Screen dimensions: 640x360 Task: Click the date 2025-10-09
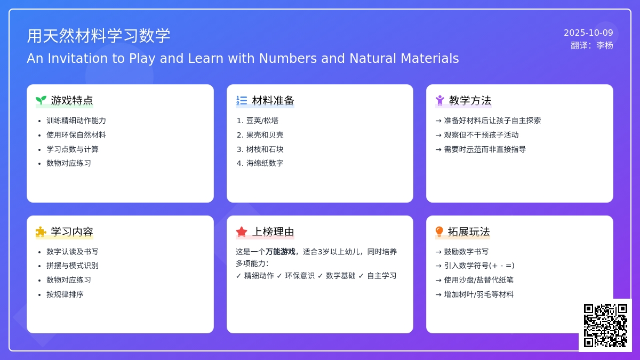pyautogui.click(x=588, y=33)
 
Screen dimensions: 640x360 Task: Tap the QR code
pyautogui.click(x=605, y=325)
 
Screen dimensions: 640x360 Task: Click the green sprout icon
pyautogui.click(x=41, y=100)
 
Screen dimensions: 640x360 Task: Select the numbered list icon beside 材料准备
pyautogui.click(x=242, y=100)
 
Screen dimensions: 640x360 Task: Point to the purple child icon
pyautogui.click(x=439, y=100)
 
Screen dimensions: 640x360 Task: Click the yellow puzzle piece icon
pyautogui.click(x=41, y=231)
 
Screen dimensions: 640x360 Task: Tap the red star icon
pyautogui.click(x=242, y=231)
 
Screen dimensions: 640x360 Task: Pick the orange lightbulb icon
pyautogui.click(x=439, y=231)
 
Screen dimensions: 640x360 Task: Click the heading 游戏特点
pyautogui.click(x=72, y=101)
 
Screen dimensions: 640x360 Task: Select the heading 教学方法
pyautogui.click(x=470, y=101)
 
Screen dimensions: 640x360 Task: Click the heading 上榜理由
pyautogui.click(x=273, y=231)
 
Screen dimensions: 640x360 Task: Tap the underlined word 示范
pyautogui.click(x=474, y=149)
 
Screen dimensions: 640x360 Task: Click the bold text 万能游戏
pyautogui.click(x=281, y=252)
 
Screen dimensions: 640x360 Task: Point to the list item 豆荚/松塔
pyautogui.click(x=262, y=121)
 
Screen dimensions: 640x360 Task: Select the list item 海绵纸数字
pyautogui.click(x=265, y=163)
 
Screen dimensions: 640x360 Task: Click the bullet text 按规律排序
pyautogui.click(x=65, y=294)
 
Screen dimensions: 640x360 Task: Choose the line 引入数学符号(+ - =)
pyautogui.click(x=479, y=266)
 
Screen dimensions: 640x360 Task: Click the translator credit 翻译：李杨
pyautogui.click(x=592, y=45)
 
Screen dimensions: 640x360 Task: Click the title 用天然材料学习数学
pyautogui.click(x=99, y=36)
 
